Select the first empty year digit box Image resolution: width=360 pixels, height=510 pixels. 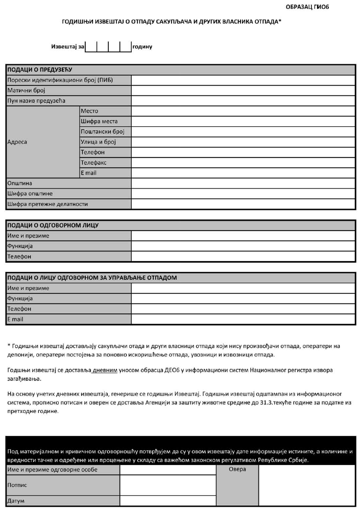[91, 47]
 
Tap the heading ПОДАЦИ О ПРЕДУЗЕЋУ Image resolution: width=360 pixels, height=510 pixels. [39, 69]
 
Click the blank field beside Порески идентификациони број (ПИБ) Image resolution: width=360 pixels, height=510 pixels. [243, 80]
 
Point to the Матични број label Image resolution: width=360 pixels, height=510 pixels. [26, 90]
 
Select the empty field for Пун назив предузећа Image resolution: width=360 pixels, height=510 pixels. [243, 101]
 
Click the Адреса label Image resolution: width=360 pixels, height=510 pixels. [17, 142]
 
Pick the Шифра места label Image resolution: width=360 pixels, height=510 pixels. [99, 122]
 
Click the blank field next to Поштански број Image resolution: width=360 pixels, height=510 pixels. [243, 132]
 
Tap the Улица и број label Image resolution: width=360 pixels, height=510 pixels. [98, 142]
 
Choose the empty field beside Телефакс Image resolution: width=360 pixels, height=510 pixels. [243, 163]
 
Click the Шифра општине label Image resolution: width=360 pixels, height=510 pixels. [30, 194]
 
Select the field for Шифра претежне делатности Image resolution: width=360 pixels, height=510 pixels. [243, 204]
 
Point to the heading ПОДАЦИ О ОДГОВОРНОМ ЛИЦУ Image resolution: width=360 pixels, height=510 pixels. [53, 225]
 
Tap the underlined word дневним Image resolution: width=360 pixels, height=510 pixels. [108, 368]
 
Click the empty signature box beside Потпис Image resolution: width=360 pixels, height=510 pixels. [168, 485]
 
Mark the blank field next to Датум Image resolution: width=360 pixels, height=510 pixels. [168, 501]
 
